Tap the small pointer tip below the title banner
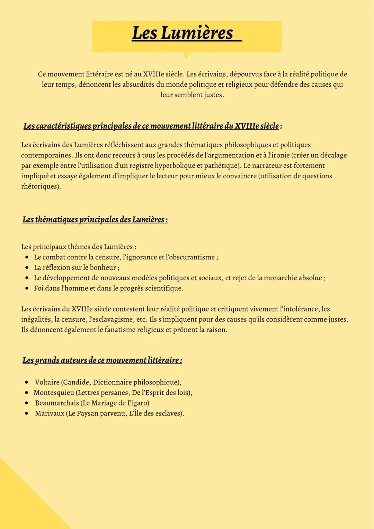click(x=186, y=56)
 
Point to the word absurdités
click(x=141, y=85)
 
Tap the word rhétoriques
click(x=40, y=187)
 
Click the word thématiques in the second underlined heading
click(x=56, y=220)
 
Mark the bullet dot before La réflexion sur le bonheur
click(x=27, y=268)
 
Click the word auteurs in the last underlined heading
click(x=74, y=360)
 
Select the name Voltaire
click(x=47, y=383)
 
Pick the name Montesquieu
click(x=54, y=393)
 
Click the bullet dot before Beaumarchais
click(x=27, y=403)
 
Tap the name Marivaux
click(x=50, y=414)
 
